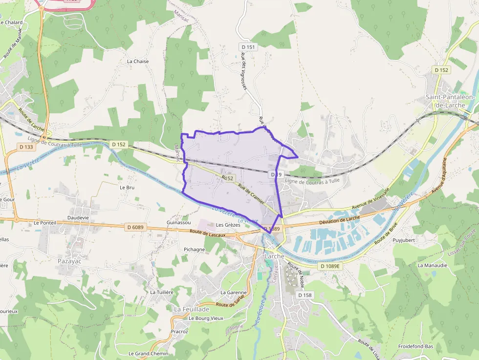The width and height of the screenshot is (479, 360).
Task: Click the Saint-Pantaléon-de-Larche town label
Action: click(450, 101)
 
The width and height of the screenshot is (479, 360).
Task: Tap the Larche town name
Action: click(274, 256)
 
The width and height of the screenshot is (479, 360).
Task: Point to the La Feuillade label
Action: click(192, 309)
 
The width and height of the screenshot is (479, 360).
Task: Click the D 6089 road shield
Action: click(135, 227)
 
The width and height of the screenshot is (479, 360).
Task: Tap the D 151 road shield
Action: click(248, 47)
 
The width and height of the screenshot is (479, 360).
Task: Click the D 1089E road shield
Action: click(330, 266)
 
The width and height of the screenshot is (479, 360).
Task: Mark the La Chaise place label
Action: click(137, 62)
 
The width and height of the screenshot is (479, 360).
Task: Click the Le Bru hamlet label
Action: click(127, 187)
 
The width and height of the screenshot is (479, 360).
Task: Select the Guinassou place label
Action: click(178, 222)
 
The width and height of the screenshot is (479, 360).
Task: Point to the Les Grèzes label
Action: click(228, 225)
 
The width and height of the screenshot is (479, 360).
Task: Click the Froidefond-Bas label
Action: click(415, 346)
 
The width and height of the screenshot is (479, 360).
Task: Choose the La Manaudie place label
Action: click(432, 265)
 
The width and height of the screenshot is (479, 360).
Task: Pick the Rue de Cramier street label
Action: click(251, 193)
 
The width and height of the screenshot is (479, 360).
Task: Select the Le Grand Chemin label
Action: click(148, 353)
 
